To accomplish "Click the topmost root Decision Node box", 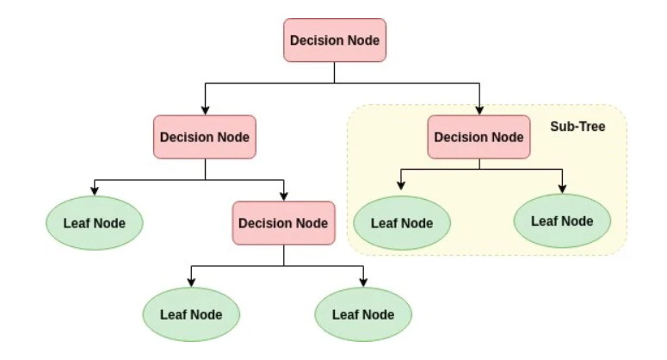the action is [335, 40].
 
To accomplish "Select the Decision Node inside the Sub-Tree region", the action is [479, 137].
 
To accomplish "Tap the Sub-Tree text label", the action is [577, 127].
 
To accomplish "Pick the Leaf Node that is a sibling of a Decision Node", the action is [95, 223].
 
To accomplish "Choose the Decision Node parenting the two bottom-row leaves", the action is [284, 223].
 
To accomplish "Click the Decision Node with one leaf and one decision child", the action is [205, 137].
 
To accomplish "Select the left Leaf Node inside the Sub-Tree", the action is [402, 223].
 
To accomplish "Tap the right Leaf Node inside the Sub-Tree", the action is [562, 220].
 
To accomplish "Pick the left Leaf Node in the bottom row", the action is [191, 314].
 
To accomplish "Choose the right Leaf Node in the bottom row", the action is [363, 314].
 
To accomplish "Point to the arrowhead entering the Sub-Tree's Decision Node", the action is [479, 110].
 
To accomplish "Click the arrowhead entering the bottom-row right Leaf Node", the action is [363, 282].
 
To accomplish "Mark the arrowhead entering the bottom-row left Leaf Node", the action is [191, 282].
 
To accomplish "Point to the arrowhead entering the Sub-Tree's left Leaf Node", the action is [401, 185].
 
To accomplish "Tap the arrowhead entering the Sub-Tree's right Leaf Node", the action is [562, 189].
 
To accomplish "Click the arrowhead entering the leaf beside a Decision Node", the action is [95, 191].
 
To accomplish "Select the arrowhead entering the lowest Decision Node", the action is [284, 196].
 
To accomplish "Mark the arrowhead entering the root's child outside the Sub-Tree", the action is [205, 110].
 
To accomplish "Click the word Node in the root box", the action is [364, 40].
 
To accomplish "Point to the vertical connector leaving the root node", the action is [334, 72].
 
